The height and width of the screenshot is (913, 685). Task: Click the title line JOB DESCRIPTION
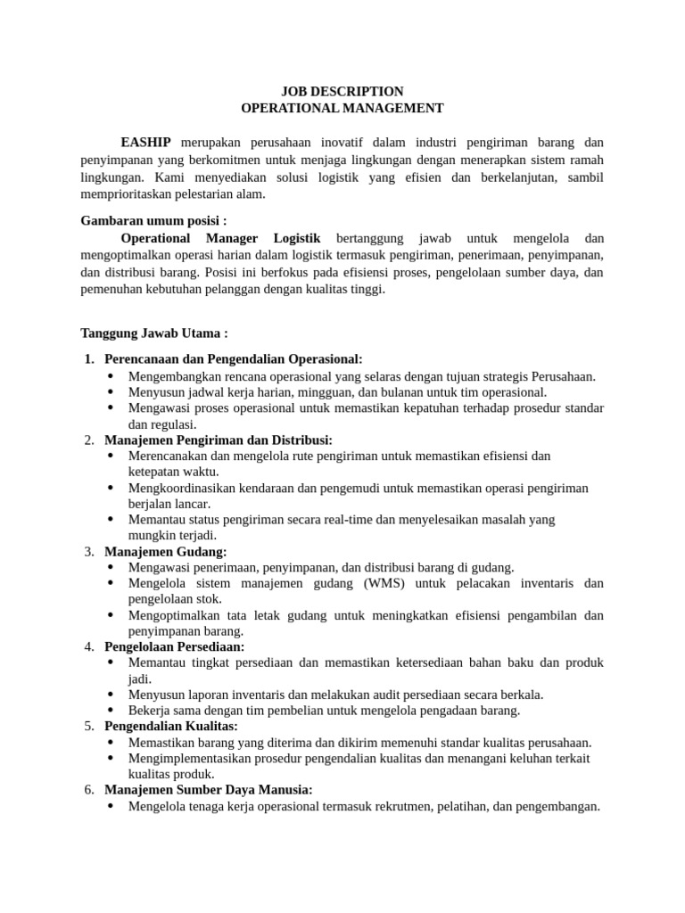point(342,91)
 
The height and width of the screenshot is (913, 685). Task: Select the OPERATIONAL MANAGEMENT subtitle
point(342,108)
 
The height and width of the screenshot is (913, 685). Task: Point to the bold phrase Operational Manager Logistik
point(220,238)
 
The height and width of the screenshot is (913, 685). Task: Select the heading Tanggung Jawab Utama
point(154,333)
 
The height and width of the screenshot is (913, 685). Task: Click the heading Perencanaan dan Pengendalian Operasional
point(233,358)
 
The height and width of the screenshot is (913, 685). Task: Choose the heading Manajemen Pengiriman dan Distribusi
point(219,440)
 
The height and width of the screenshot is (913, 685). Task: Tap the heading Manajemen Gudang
point(165,551)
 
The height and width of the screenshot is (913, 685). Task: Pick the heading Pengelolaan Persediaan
point(174,646)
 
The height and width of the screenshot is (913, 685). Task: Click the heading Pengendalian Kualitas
point(171,726)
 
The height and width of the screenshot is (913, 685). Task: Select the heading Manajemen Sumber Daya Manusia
point(209,790)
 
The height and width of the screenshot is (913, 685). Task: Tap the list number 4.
point(89,646)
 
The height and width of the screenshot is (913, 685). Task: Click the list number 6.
point(89,790)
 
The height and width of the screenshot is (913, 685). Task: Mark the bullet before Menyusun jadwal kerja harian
point(111,391)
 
